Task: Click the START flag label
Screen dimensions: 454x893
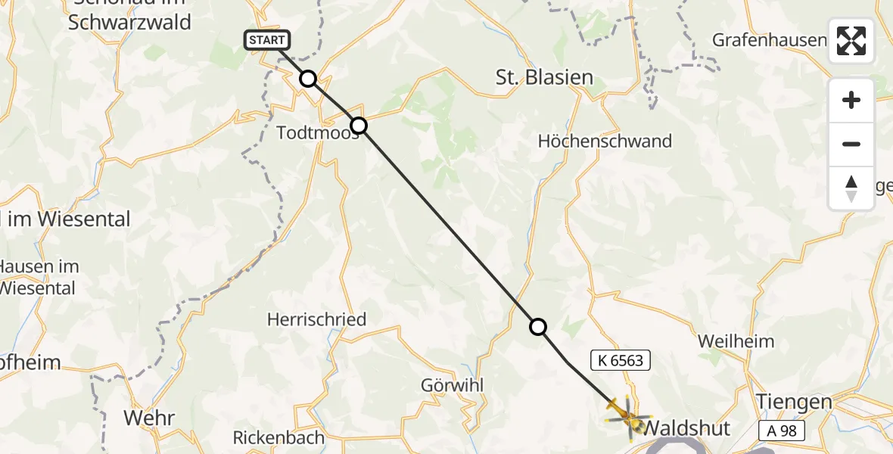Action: point(267,40)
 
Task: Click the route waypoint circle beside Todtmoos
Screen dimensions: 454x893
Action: point(359,126)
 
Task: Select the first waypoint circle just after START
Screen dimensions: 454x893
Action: point(308,79)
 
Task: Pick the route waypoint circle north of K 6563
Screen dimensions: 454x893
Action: point(537,327)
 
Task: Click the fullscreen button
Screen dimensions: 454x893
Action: point(851,41)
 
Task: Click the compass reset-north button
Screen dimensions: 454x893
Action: point(851,188)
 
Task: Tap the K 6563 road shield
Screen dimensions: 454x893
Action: point(620,360)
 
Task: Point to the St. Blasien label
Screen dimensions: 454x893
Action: point(543,77)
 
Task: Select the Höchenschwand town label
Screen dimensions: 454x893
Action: point(605,141)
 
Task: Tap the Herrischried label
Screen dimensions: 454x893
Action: point(316,319)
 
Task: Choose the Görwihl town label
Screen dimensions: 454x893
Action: point(452,385)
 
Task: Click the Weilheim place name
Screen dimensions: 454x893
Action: point(736,341)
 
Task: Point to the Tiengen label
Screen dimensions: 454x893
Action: point(795,402)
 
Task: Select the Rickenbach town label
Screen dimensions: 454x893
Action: point(278,437)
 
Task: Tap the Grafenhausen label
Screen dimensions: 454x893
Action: point(769,39)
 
